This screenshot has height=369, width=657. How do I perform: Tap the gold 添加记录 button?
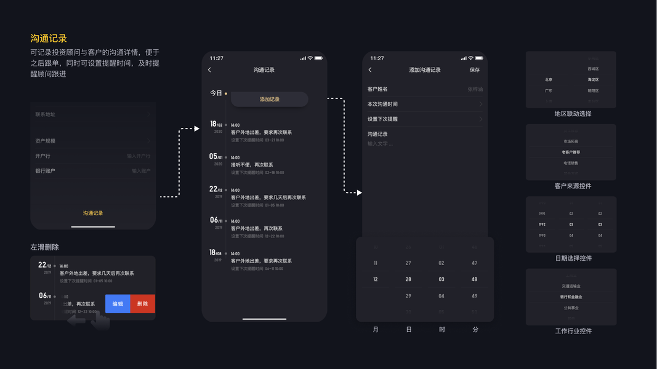(x=270, y=99)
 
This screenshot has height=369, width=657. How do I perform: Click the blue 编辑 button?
(x=118, y=304)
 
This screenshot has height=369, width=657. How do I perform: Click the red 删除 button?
(x=142, y=304)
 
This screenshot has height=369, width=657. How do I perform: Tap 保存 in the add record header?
(x=475, y=70)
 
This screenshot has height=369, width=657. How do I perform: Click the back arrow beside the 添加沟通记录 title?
(x=370, y=70)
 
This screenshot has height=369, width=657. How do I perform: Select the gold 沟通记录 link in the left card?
(x=93, y=213)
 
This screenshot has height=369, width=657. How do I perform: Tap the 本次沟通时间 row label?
(x=382, y=105)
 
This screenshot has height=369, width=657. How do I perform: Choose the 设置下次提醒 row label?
(x=382, y=119)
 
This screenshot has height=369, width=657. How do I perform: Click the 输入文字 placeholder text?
(x=380, y=144)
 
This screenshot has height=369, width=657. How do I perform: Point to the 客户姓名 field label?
(x=377, y=89)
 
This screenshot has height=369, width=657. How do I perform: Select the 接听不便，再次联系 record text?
(x=252, y=165)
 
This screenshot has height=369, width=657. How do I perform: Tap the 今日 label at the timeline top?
(x=216, y=93)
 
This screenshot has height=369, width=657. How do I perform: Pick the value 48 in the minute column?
(x=474, y=279)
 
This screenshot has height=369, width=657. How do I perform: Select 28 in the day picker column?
(x=408, y=279)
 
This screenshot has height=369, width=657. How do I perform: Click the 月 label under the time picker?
(x=376, y=330)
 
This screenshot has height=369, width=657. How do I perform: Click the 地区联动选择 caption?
(x=573, y=114)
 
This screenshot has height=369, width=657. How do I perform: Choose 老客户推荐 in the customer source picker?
(x=571, y=152)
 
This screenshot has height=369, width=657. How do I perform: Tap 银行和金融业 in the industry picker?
(x=571, y=297)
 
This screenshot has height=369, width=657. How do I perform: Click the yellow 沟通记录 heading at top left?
(x=49, y=39)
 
